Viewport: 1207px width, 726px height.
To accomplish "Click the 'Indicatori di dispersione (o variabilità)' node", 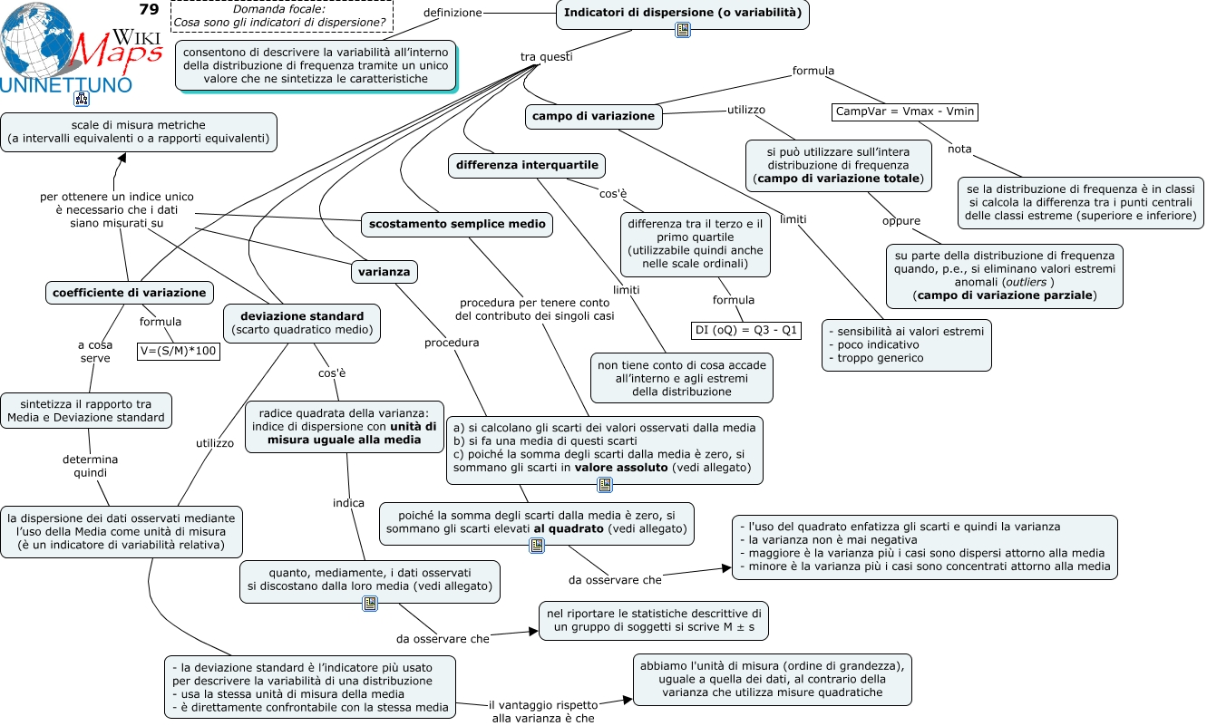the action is [x=682, y=14].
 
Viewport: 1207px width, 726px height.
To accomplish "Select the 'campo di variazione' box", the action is [x=593, y=116].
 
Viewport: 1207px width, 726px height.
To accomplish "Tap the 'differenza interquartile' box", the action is [x=527, y=165].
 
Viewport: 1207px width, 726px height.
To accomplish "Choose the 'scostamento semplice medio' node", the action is [x=457, y=224].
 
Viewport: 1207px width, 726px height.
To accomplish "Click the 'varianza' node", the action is [x=384, y=272].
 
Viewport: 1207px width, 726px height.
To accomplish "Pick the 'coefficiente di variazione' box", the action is [x=130, y=293].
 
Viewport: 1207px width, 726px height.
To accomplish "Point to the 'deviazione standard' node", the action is [x=302, y=324].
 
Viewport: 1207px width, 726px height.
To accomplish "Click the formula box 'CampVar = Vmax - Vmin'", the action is [x=905, y=112].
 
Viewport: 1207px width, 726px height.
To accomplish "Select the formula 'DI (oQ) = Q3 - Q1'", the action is [x=745, y=330].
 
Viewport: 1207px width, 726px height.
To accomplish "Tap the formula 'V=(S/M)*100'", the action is [x=179, y=351].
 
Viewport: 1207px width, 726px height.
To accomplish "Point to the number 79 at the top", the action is [x=150, y=9].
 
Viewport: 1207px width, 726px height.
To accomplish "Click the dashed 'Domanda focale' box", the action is [x=282, y=16].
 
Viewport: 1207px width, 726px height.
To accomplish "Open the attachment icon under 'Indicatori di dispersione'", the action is [x=683, y=30].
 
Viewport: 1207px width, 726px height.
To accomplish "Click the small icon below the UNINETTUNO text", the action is [x=82, y=99].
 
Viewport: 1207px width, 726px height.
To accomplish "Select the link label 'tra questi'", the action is [x=547, y=56].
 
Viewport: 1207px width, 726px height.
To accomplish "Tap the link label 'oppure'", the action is [x=900, y=221].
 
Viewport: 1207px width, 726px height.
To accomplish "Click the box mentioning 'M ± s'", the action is [x=654, y=621].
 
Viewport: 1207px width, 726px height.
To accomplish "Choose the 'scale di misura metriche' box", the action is [x=139, y=132].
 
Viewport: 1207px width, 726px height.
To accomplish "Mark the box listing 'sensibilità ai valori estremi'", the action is [x=906, y=345].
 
